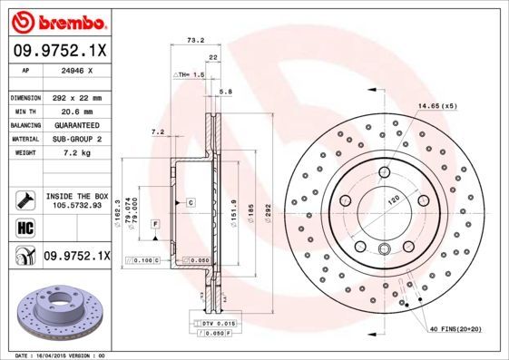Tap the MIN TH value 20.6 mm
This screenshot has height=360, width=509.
click(73, 110)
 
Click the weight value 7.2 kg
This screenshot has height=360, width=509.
click(73, 153)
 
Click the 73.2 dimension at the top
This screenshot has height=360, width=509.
click(193, 40)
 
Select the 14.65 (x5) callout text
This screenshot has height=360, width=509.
click(436, 107)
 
